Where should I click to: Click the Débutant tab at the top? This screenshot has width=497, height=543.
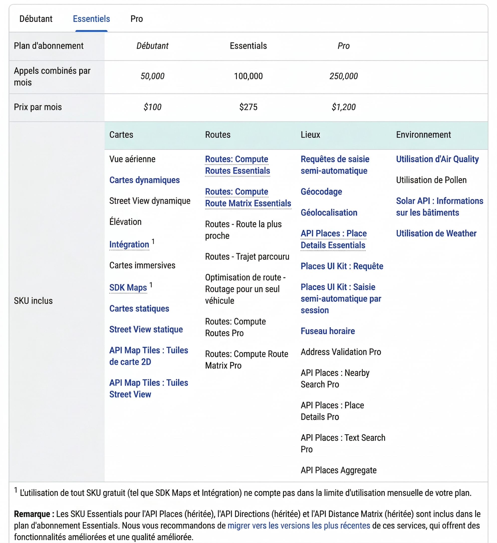(x=36, y=19)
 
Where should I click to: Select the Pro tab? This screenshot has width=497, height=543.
(x=137, y=19)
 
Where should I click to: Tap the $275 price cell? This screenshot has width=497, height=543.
(x=248, y=107)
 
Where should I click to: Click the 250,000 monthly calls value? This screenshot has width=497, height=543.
(x=343, y=76)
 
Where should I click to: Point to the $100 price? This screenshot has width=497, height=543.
(x=152, y=107)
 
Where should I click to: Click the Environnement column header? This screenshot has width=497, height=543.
(x=423, y=135)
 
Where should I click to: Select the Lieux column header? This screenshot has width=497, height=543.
(x=310, y=135)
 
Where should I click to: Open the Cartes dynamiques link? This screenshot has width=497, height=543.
(x=144, y=180)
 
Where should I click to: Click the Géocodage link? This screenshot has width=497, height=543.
(x=321, y=192)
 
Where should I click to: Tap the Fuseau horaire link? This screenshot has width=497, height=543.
(x=328, y=331)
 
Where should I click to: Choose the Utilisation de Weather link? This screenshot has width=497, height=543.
(x=436, y=233)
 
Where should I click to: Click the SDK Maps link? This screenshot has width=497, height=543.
(x=128, y=288)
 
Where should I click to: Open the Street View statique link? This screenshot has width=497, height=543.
(x=146, y=329)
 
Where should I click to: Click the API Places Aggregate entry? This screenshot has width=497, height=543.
(x=339, y=470)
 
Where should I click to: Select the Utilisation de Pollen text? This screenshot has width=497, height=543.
(x=431, y=180)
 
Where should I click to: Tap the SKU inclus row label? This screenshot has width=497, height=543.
(x=33, y=301)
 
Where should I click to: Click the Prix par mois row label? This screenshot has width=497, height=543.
(x=38, y=107)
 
